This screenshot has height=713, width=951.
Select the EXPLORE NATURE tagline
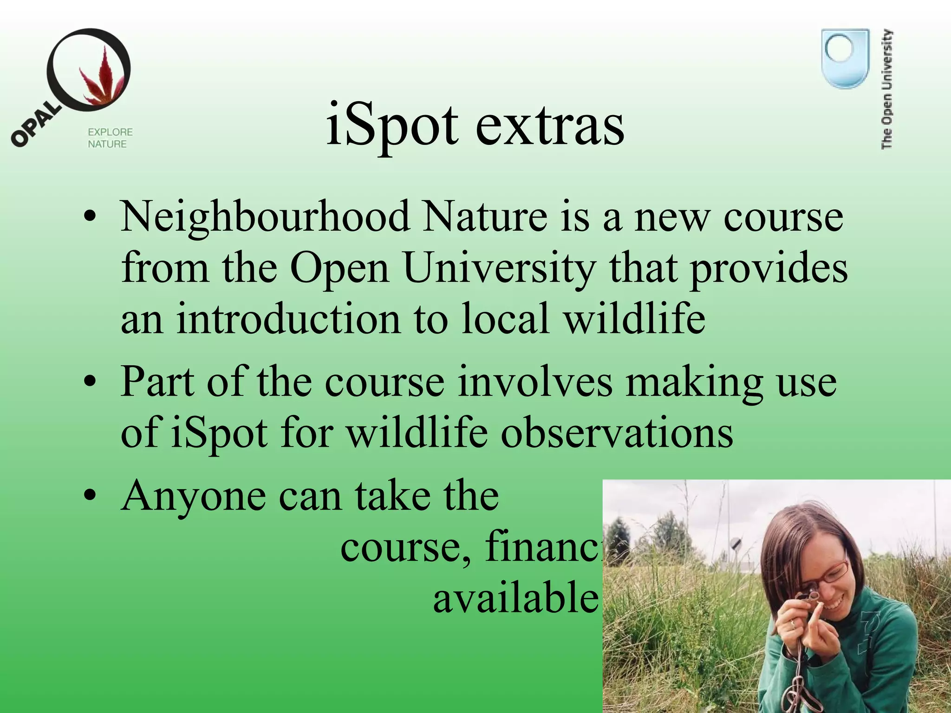click(110, 138)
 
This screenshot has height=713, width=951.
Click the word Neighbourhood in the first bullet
click(265, 217)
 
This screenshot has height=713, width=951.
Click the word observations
click(617, 433)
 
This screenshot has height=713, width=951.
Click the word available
click(515, 597)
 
